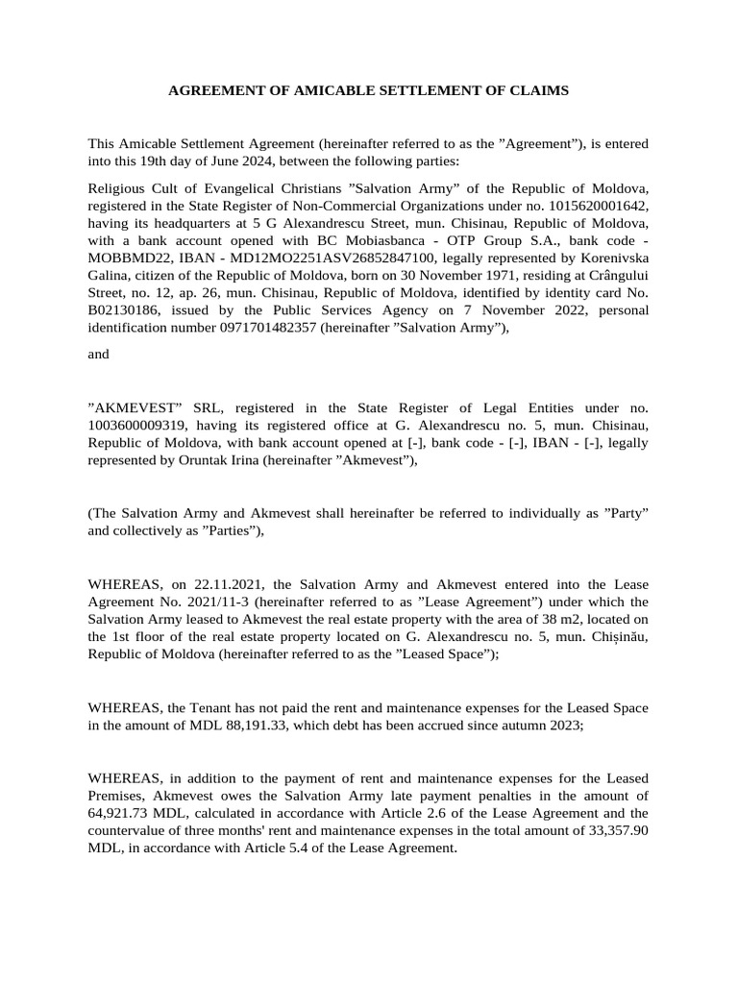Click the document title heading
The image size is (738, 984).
369,90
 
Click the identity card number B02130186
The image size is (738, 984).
128,310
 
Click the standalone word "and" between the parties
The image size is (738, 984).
98,354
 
